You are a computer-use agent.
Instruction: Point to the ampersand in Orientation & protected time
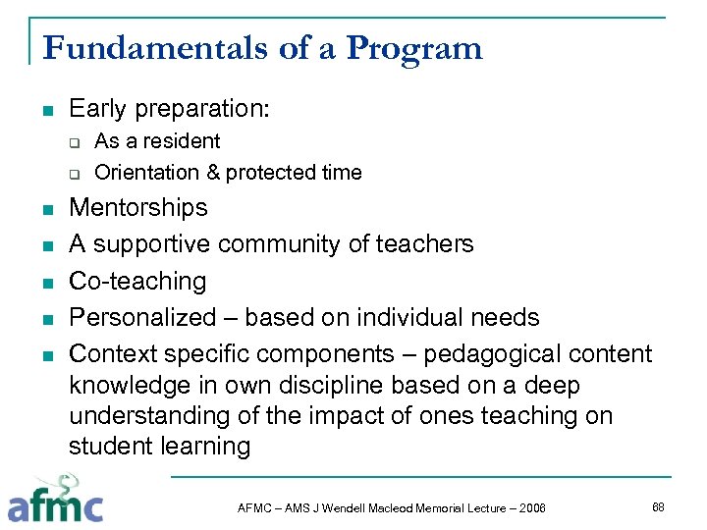point(212,173)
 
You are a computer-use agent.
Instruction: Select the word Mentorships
point(138,207)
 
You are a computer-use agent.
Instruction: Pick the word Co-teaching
point(137,281)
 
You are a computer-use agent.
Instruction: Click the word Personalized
point(142,318)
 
